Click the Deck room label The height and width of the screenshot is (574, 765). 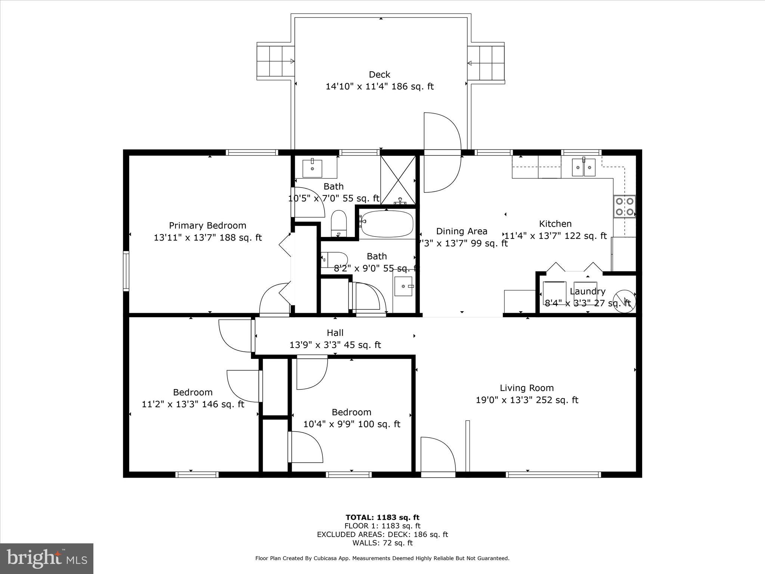pos(380,74)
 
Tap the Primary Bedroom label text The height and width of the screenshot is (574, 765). pos(207,225)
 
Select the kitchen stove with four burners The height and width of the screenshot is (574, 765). pos(625,206)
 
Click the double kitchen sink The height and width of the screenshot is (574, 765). pos(584,167)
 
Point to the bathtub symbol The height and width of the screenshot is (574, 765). pos(387,223)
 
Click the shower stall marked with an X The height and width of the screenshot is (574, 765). pos(398,180)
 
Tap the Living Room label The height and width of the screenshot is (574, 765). pos(527,388)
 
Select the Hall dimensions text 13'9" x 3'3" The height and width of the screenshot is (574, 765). pos(335,345)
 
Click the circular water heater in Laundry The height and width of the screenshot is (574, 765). pos(624,301)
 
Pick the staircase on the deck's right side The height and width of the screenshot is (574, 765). pos(486,63)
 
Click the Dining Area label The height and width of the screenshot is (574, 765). pos(462,231)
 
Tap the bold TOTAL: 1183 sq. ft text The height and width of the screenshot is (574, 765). pos(382,517)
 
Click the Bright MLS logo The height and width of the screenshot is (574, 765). pos(47,558)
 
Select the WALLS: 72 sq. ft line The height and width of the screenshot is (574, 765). pos(382,543)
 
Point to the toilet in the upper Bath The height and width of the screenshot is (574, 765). pos(339,223)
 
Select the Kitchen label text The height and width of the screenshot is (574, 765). pos(555,223)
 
